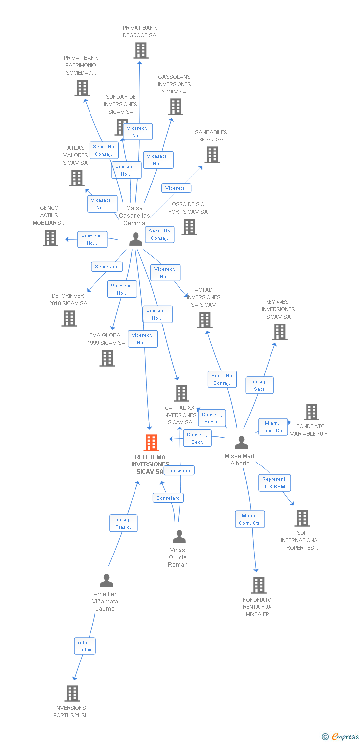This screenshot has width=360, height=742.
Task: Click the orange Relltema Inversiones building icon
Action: pyautogui.click(x=151, y=442)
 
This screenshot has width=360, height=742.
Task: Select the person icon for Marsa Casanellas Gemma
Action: pyautogui.click(x=135, y=239)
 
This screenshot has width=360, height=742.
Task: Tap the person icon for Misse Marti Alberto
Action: pyautogui.click(x=241, y=442)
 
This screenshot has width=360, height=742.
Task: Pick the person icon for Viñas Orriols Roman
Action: pyautogui.click(x=179, y=536)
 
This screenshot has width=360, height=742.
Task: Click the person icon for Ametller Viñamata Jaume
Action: pyautogui.click(x=106, y=580)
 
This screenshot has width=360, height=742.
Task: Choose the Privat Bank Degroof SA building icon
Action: pyautogui.click(x=141, y=50)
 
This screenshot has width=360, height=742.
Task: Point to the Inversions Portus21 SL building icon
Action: pyautogui.click(x=72, y=693)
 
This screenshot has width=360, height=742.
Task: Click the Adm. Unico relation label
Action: pyautogui.click(x=85, y=646)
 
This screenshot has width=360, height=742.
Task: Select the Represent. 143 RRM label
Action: pyautogui.click(x=274, y=483)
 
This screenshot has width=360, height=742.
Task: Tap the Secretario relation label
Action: pyautogui.click(x=107, y=266)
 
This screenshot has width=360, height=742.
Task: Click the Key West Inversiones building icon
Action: pyautogui.click(x=280, y=332)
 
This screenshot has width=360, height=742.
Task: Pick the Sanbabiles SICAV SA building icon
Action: pyautogui.click(x=212, y=155)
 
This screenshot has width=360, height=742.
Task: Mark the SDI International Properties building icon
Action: pyautogui.click(x=302, y=518)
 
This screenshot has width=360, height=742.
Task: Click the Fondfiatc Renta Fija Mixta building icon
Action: pyautogui.click(x=258, y=585)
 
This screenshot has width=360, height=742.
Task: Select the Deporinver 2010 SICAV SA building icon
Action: pyautogui.click(x=69, y=319)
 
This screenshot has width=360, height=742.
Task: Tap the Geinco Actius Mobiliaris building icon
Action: pyautogui.click(x=50, y=238)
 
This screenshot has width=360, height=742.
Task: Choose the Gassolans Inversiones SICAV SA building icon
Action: pyautogui.click(x=175, y=107)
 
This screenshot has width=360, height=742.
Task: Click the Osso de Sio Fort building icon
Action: pyautogui.click(x=189, y=227)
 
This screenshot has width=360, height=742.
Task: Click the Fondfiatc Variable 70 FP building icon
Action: pyautogui.click(x=312, y=412)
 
